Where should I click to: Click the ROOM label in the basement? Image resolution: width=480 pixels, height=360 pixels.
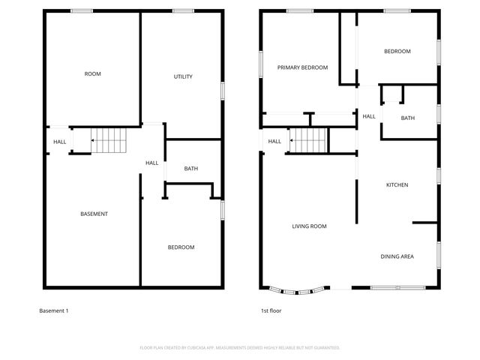tap(92, 73)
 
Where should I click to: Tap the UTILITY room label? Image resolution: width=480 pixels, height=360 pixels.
tap(183, 76)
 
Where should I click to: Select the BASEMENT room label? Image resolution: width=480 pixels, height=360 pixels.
tap(94, 214)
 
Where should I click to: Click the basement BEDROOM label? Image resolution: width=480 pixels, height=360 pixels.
tap(181, 247)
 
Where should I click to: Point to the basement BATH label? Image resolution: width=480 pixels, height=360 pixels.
tap(190, 168)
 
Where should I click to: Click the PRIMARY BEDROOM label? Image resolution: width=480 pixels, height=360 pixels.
tap(302, 67)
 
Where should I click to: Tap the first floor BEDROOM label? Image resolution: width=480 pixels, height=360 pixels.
tap(397, 51)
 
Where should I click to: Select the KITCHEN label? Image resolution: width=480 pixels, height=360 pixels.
tap(397, 184)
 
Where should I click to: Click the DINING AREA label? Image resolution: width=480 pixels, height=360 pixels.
tap(397, 256)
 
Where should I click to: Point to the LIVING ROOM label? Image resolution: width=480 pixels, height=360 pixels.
tap(309, 226)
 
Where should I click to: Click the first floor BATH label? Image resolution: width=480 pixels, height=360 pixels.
tap(407, 118)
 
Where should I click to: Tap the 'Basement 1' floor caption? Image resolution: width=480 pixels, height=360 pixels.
tap(53, 310)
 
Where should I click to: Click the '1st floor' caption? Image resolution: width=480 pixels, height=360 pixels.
tap(271, 310)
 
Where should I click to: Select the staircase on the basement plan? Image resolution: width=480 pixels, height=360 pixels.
tap(106, 139)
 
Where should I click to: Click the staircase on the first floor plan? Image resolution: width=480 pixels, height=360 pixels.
tap(309, 139)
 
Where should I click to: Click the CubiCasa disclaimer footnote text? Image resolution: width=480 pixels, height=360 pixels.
tap(240, 347)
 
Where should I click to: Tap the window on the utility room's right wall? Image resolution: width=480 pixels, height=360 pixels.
tap(223, 88)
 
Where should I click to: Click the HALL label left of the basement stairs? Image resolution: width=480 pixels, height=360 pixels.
tap(59, 142)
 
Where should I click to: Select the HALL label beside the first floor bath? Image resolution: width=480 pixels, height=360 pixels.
tap(369, 116)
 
